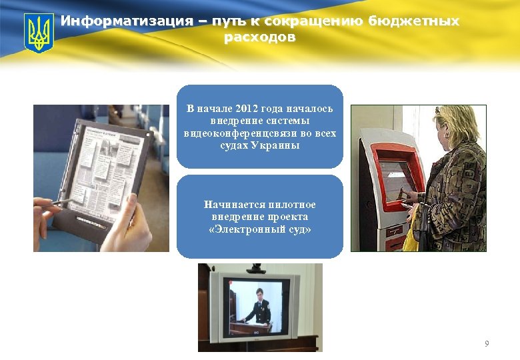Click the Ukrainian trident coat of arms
39,33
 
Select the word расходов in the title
259,37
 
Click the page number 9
486,344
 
